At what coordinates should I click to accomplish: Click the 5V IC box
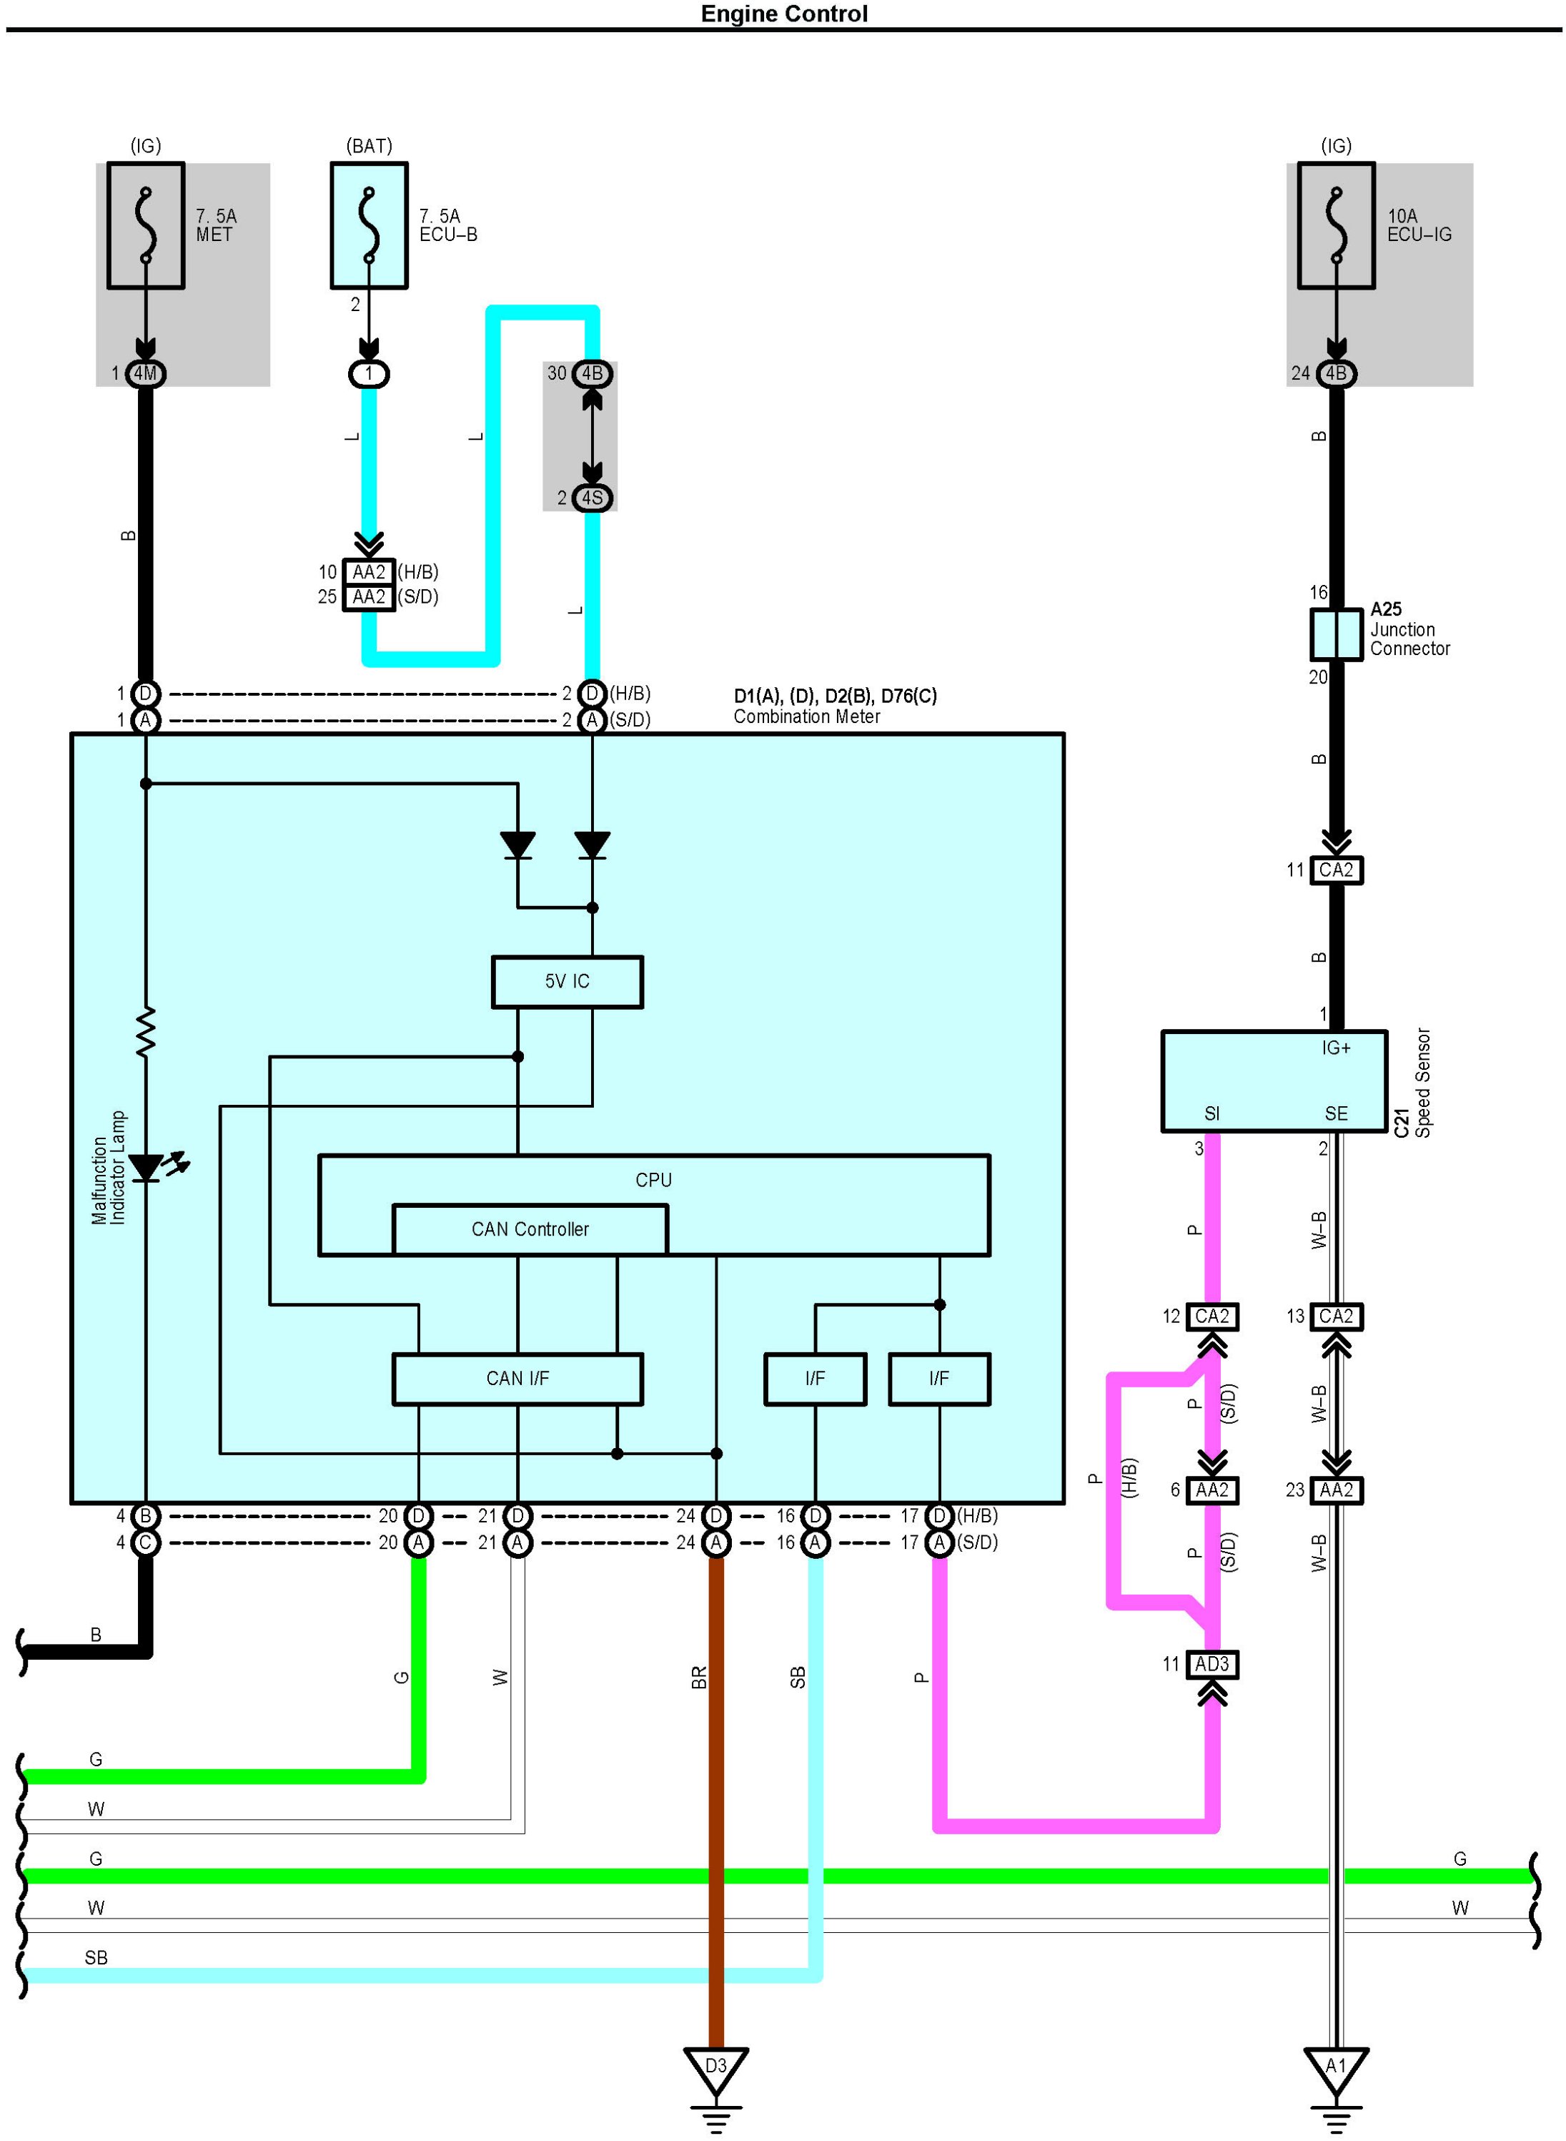click(x=567, y=981)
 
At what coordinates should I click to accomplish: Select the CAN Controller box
click(x=530, y=1229)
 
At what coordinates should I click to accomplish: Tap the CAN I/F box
click(x=517, y=1379)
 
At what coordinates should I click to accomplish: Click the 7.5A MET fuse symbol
click(x=145, y=226)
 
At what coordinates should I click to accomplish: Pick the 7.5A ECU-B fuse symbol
click(x=369, y=226)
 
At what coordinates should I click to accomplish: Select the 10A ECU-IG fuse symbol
click(x=1336, y=226)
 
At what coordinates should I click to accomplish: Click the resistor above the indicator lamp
click(x=145, y=1032)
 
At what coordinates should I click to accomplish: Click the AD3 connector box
click(x=1211, y=1664)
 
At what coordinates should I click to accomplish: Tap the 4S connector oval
click(x=593, y=498)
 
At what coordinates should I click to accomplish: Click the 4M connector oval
click(x=145, y=373)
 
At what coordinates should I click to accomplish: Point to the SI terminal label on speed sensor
click(x=1211, y=1113)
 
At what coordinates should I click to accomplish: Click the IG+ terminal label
click(x=1336, y=1048)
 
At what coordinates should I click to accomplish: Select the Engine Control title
click(x=784, y=14)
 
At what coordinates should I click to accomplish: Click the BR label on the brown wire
click(x=698, y=1678)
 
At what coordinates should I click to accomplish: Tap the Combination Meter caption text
click(x=807, y=717)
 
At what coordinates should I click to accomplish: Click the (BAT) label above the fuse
click(x=369, y=146)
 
